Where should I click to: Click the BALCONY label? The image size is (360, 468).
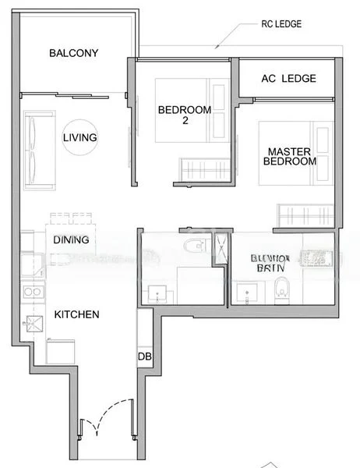pos(73,53)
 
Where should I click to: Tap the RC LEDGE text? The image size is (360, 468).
pos(282,24)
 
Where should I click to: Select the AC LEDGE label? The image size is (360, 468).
pos(288,79)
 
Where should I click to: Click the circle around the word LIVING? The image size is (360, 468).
pos(80,138)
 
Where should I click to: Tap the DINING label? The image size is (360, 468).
pos(71,240)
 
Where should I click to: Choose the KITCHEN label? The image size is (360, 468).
pos(76,314)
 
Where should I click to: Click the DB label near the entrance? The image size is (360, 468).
pos(144,356)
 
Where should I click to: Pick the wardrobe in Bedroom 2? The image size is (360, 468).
pos(204,168)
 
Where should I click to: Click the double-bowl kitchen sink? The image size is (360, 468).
pos(34,292)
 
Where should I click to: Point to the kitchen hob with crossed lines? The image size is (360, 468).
pos(34,323)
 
